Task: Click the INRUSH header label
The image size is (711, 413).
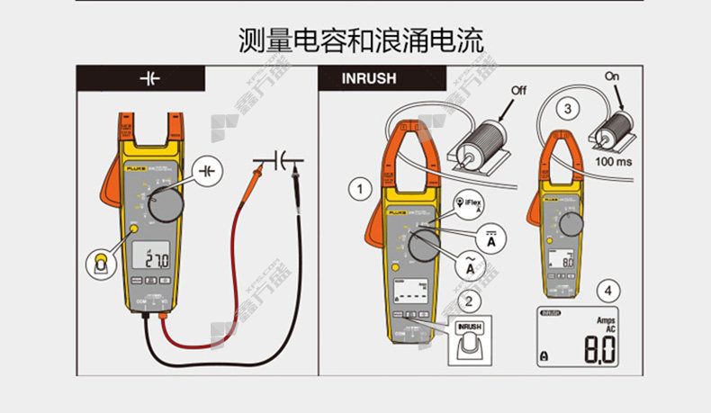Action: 369,78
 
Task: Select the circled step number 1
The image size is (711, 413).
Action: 360,189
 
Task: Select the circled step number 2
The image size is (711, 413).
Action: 467,300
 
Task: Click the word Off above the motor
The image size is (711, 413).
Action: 519,90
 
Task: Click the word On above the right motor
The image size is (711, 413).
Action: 614,76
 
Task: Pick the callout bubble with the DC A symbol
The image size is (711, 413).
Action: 491,237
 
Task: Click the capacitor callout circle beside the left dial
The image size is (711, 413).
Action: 208,169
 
